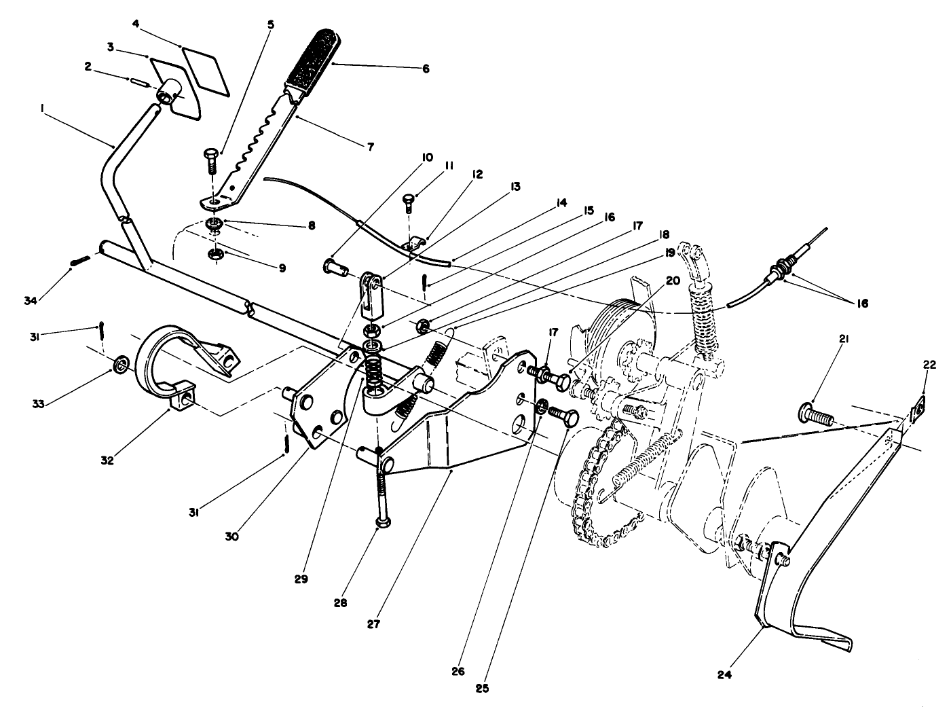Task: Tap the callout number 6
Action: pyautogui.click(x=426, y=69)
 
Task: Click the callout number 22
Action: pyautogui.click(x=929, y=365)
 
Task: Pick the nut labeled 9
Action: pyautogui.click(x=217, y=255)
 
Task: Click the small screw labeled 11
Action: pyautogui.click(x=408, y=201)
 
